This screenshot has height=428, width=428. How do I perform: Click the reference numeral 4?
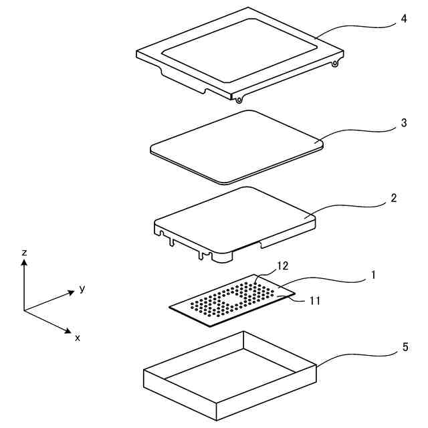pyautogui.click(x=404, y=19)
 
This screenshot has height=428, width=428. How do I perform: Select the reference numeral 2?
pyautogui.click(x=394, y=199)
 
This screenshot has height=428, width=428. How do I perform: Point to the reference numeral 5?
pyautogui.click(x=405, y=347)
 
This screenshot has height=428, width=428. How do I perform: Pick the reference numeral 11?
pyautogui.click(x=316, y=301)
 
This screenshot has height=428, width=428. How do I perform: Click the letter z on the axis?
pyautogui.click(x=24, y=253)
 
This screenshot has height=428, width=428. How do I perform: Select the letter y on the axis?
pyautogui.click(x=82, y=289)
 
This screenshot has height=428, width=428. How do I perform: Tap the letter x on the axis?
pyautogui.click(x=78, y=338)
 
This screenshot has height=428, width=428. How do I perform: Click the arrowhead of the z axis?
pyautogui.click(x=24, y=263)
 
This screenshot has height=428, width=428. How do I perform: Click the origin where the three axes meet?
pyautogui.click(x=24, y=310)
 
